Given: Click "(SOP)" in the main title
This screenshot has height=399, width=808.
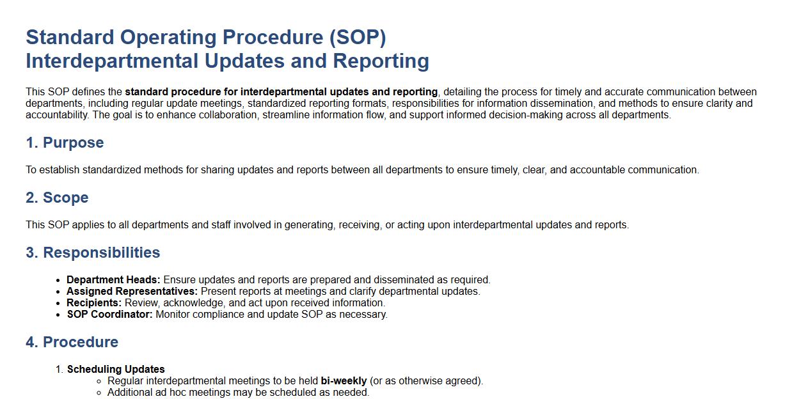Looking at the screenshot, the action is click(358, 38).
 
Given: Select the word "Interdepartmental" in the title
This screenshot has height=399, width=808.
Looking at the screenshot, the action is click(112, 61).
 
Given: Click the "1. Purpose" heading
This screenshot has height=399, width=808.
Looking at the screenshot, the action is click(65, 143).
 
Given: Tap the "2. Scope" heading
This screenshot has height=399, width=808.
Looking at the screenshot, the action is click(57, 198).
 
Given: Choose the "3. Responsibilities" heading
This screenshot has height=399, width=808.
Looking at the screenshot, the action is click(93, 253).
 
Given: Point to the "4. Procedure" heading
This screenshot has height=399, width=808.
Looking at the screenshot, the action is click(72, 342).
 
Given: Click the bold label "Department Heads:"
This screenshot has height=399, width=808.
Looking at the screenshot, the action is click(113, 279).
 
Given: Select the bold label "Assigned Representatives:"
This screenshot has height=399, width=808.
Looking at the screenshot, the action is click(132, 291).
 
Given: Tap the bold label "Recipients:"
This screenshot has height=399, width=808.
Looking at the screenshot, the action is click(94, 302).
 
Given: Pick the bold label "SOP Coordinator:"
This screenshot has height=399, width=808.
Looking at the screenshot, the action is click(109, 315).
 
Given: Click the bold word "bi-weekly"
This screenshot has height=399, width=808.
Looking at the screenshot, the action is click(344, 380).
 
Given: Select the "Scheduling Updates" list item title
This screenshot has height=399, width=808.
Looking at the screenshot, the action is click(116, 369).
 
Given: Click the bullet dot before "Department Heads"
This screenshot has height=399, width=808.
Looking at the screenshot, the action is click(58, 281).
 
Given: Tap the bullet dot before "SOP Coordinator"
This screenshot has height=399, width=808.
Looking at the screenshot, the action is click(58, 315).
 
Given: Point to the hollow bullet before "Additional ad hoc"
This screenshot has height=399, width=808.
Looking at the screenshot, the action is click(99, 393).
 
